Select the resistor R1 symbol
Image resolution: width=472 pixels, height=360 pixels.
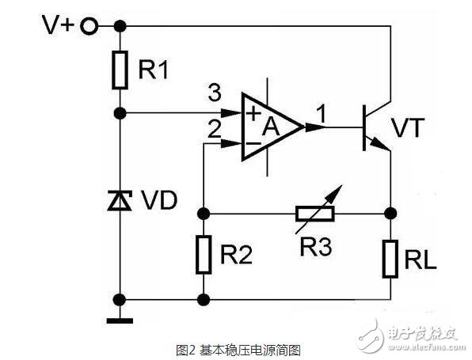[120, 70]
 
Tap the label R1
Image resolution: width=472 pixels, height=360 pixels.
[154, 70]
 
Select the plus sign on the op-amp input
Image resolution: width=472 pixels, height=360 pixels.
[253, 113]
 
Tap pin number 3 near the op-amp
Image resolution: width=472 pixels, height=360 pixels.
[212, 91]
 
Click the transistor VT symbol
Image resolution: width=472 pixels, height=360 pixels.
[371, 126]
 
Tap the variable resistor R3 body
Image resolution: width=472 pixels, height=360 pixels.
[314, 213]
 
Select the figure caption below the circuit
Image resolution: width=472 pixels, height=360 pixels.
[238, 348]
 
